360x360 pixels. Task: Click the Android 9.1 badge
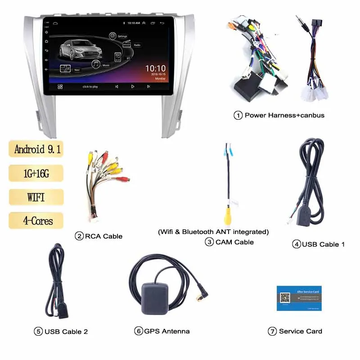36,149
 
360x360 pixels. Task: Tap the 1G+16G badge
36,173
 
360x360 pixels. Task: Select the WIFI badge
36,197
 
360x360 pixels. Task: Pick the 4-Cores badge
36,221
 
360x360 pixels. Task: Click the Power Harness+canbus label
284,115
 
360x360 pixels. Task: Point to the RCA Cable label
103,236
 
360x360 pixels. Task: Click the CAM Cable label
234,242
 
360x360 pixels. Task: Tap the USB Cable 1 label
323,244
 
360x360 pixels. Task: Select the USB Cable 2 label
66,332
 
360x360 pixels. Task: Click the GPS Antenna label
166,331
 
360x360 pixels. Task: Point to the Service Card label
300,331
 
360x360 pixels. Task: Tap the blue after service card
299,297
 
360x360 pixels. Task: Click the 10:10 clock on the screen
155,68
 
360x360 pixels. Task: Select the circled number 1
238,115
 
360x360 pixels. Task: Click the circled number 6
139,331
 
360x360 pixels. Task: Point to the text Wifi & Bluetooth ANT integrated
213,232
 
